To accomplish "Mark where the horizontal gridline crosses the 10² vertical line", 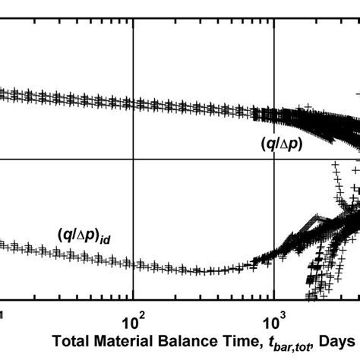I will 134,159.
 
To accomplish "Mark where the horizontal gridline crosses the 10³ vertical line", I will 274,159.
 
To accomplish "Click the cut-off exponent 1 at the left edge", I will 2,312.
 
